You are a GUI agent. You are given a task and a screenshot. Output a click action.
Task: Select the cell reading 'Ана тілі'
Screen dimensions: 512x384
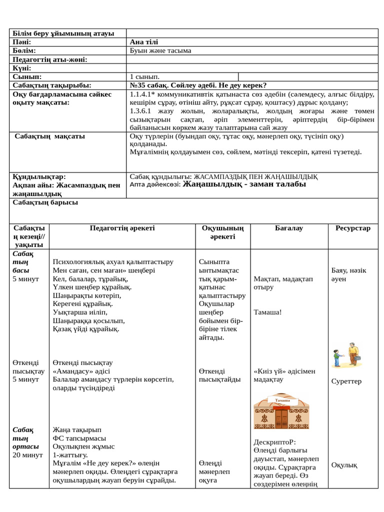(x=144, y=42)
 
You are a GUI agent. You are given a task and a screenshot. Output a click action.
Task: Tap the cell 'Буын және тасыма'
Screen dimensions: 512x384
(x=160, y=51)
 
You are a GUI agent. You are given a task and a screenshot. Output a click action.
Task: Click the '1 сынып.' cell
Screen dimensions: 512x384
(x=144, y=77)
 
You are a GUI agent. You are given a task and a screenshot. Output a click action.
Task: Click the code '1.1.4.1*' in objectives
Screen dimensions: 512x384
(x=142, y=94)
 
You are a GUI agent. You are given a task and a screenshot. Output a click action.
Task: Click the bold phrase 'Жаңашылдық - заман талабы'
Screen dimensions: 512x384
(x=244, y=184)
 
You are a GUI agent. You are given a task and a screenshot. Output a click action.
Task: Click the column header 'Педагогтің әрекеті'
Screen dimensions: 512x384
(x=122, y=228)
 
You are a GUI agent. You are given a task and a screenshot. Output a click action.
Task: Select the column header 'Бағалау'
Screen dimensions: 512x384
(x=288, y=228)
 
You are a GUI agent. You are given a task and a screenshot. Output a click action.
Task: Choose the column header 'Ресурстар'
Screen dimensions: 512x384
(x=353, y=228)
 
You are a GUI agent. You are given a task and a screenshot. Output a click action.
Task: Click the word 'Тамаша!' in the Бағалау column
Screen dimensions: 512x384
(x=267, y=312)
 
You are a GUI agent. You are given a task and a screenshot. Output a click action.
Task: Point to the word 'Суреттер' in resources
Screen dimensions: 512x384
(x=346, y=381)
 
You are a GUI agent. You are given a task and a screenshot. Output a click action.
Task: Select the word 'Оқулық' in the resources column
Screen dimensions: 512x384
(x=344, y=465)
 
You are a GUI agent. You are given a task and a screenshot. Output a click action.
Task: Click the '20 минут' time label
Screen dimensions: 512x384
(x=27, y=455)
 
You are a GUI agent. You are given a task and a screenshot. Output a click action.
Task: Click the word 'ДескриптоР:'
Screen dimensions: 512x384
(x=275, y=442)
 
